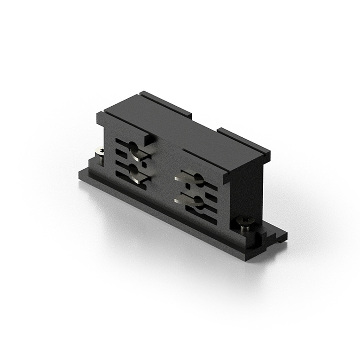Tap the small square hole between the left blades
pos(144,165)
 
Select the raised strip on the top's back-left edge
pos(167,105)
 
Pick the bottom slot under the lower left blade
pos(129,181)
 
